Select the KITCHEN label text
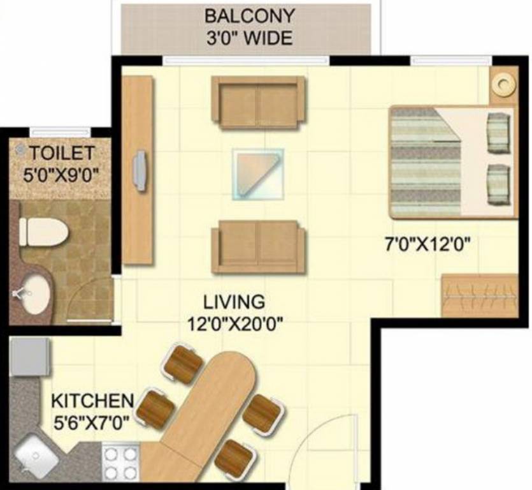tap(92, 402)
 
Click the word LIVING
tap(234, 301)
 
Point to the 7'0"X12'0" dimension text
tap(428, 243)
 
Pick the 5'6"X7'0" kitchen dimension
tap(93, 422)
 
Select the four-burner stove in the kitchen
tap(120, 463)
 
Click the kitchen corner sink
tap(34, 457)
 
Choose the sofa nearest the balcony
tap(258, 101)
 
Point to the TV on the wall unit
tap(140, 170)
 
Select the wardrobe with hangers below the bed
tap(479, 295)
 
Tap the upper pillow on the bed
tap(498, 133)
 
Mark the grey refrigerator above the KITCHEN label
tap(29, 357)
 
